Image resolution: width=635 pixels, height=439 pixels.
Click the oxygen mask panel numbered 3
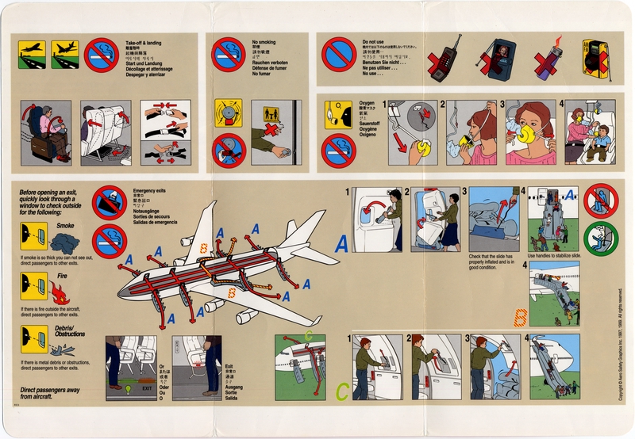[x=529, y=132]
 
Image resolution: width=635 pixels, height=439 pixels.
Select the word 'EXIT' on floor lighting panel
[x=147, y=390]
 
